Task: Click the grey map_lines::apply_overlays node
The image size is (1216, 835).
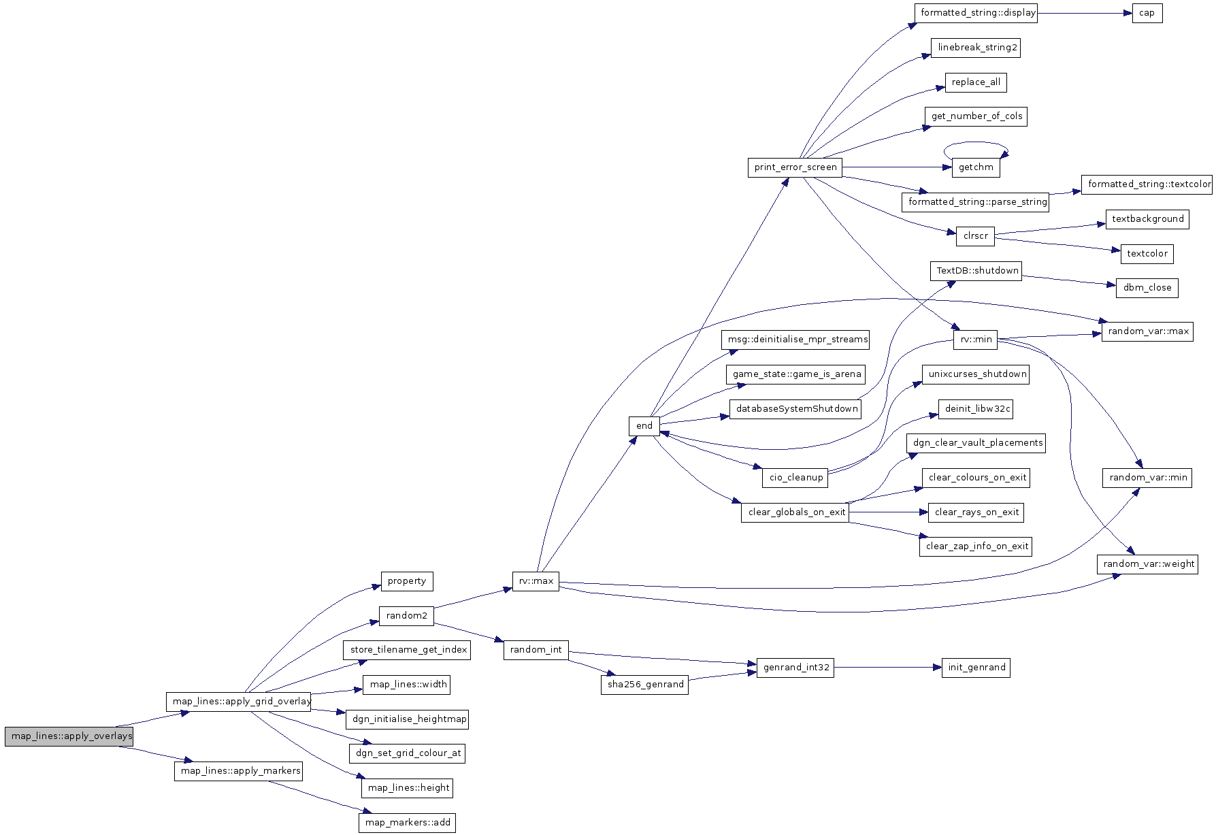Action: pyautogui.click(x=69, y=737)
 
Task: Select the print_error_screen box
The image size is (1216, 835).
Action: pyautogui.click(x=795, y=167)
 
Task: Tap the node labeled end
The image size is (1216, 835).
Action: pyautogui.click(x=644, y=426)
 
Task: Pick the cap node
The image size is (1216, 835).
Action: pyautogui.click(x=1147, y=13)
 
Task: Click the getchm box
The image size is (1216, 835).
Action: pyautogui.click(x=975, y=167)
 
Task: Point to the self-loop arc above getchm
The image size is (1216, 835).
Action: pyautogui.click(x=975, y=143)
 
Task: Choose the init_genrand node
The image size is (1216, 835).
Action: pyautogui.click(x=976, y=668)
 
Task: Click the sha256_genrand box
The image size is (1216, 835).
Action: pyautogui.click(x=644, y=685)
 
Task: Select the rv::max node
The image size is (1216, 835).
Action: pyautogui.click(x=536, y=582)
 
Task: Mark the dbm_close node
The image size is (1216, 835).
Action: pyautogui.click(x=1147, y=288)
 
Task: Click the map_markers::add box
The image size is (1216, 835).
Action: pyautogui.click(x=407, y=823)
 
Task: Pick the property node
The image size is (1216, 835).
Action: pyautogui.click(x=406, y=581)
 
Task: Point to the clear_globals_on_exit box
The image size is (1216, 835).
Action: pyautogui.click(x=795, y=512)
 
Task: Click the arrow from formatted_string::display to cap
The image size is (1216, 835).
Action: pyautogui.click(x=1085, y=13)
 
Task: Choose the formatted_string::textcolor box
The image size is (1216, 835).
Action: pyautogui.click(x=1148, y=184)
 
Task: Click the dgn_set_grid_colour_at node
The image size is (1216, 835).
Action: pyautogui.click(x=407, y=753)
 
